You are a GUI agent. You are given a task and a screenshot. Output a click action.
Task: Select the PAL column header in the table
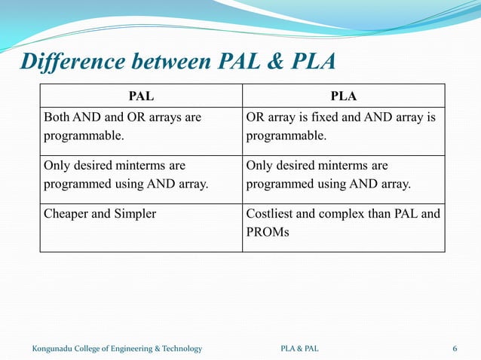(141, 96)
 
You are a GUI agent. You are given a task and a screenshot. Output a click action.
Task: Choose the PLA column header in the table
(343, 96)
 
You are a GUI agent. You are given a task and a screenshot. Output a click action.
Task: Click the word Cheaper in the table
(66, 213)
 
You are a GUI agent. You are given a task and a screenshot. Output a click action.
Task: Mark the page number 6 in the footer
(455, 348)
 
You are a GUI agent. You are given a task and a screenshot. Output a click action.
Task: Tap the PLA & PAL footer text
(299, 348)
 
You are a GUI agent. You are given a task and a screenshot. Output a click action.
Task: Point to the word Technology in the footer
(180, 348)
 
